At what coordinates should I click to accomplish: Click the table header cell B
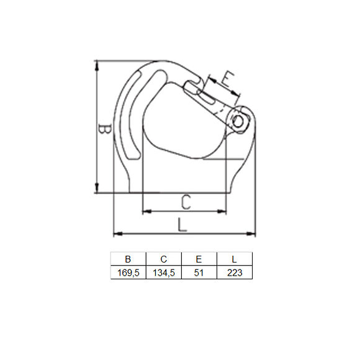(x=128, y=259)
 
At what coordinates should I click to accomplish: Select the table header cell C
(x=163, y=259)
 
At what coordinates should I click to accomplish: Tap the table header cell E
(x=199, y=259)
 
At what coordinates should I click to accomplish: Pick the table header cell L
(x=234, y=259)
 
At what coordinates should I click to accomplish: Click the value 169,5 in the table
(x=128, y=272)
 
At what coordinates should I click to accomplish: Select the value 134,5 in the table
(x=163, y=272)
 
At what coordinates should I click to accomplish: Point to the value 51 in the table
(x=199, y=272)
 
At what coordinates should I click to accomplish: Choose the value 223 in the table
(x=234, y=272)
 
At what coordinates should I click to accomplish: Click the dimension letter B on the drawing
(x=106, y=130)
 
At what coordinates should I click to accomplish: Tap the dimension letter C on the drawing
(x=184, y=201)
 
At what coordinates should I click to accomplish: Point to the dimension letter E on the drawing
(x=227, y=79)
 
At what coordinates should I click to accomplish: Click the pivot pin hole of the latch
(x=240, y=120)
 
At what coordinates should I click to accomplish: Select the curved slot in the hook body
(x=131, y=118)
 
